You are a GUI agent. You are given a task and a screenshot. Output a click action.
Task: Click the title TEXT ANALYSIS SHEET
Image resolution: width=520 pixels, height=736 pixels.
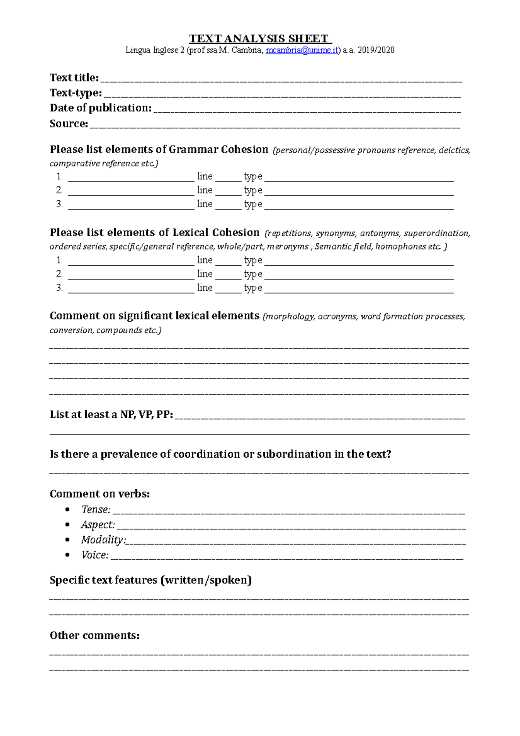coord(260,39)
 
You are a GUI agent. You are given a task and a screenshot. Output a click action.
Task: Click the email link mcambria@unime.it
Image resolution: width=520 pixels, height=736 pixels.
coord(302,50)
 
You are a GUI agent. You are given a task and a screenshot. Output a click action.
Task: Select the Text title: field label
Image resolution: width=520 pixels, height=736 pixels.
coord(74,78)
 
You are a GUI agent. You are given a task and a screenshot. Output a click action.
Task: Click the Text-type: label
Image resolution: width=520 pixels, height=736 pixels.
coord(76,93)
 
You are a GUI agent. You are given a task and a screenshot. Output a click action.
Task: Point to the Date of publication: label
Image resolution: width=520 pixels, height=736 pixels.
coord(101,108)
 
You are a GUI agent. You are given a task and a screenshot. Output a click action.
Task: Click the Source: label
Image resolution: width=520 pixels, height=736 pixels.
coord(68,124)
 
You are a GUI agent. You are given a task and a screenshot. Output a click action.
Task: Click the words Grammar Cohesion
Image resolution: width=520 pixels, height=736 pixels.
coord(218,150)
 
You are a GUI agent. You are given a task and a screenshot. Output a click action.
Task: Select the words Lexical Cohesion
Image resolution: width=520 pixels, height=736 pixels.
coord(216,233)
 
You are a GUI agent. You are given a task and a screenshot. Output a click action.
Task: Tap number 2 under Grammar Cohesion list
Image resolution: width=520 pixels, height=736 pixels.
coord(59,190)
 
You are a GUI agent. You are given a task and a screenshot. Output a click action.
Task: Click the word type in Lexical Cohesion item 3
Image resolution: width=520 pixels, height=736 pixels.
coord(253,288)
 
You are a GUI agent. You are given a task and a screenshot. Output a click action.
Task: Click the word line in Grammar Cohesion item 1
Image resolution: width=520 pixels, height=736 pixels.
coord(205,176)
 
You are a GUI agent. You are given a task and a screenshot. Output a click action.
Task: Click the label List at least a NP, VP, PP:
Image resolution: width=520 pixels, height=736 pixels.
coord(111,415)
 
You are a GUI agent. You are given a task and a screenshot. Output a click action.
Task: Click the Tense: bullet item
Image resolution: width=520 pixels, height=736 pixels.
coord(96,510)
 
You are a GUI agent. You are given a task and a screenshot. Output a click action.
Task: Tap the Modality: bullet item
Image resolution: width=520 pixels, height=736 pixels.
coord(103,540)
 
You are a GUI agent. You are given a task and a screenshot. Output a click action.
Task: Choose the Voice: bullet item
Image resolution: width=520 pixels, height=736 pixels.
coord(95,555)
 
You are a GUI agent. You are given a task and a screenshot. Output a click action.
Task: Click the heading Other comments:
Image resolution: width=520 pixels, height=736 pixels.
coord(94,636)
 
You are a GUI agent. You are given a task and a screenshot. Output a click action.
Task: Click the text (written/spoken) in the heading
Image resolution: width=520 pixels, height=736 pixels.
coord(206,580)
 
